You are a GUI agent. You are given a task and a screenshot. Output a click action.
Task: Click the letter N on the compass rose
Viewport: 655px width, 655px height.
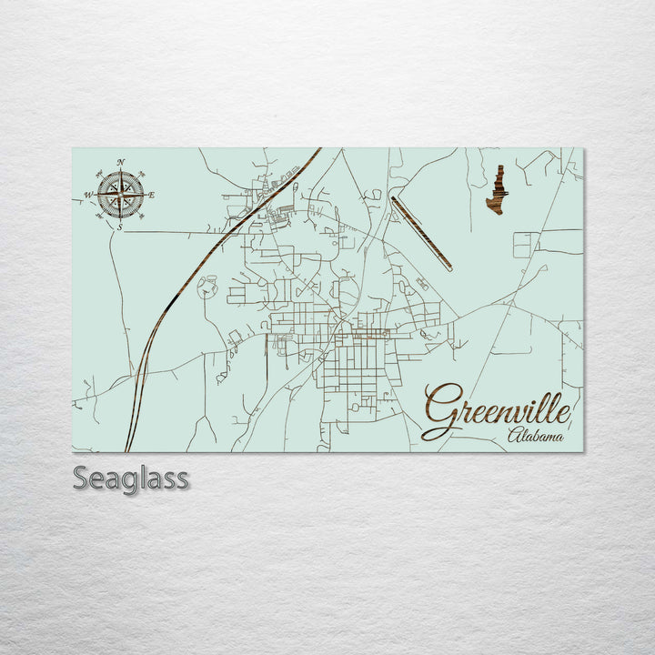[x=121, y=163]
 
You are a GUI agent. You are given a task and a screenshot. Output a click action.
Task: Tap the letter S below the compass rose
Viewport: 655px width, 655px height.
[x=120, y=227]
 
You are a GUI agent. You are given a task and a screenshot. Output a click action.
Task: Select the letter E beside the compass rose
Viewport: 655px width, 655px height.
[x=151, y=195]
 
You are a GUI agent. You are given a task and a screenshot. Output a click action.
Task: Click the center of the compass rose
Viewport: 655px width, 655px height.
[x=120, y=194]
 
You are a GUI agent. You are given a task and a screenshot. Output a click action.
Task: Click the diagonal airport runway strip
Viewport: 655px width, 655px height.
[x=421, y=233]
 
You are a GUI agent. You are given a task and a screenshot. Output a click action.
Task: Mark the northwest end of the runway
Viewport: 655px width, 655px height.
[x=393, y=199]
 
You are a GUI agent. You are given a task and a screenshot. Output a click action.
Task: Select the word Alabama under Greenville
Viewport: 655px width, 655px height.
[x=535, y=436]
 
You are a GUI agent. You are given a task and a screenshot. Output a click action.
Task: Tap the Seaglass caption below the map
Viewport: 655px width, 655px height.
[x=131, y=478]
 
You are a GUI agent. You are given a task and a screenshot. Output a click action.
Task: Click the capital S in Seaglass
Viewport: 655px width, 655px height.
[x=82, y=478]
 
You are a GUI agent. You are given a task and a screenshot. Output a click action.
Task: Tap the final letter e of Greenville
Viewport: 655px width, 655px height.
[x=565, y=414]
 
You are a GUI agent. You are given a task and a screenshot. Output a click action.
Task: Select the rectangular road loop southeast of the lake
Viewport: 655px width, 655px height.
[x=525, y=244]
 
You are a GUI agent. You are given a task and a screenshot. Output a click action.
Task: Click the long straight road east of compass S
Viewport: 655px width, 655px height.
[x=182, y=231]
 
